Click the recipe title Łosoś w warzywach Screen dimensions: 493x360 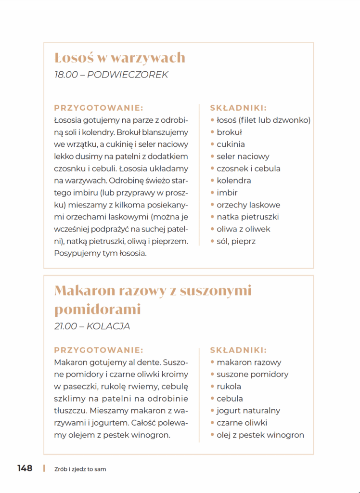click(x=120, y=58)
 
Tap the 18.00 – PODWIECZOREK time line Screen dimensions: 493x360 click(x=111, y=75)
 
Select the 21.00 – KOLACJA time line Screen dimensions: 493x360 click(x=92, y=326)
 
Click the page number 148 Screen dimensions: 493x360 click(x=25, y=468)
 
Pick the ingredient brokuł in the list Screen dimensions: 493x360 click(x=229, y=132)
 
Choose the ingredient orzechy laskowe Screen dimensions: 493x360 click(x=248, y=205)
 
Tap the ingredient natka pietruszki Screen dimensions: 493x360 click(x=247, y=217)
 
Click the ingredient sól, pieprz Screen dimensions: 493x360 click(x=236, y=241)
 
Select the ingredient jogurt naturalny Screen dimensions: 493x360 click(x=248, y=411)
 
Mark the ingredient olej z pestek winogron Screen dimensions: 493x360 click(x=260, y=435)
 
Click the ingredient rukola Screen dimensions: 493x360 click(x=229, y=386)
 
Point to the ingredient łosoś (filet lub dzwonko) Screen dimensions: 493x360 click(x=263, y=120)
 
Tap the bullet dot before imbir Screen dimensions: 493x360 click(x=213, y=193)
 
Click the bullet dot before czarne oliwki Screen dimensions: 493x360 click(x=213, y=423)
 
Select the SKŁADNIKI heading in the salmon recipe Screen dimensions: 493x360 click(x=238, y=108)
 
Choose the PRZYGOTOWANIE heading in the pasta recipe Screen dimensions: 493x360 click(x=99, y=350)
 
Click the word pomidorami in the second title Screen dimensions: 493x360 click(x=97, y=309)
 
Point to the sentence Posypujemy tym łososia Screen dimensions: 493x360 click(x=100, y=253)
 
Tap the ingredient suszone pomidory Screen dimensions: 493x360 click(x=253, y=374)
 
